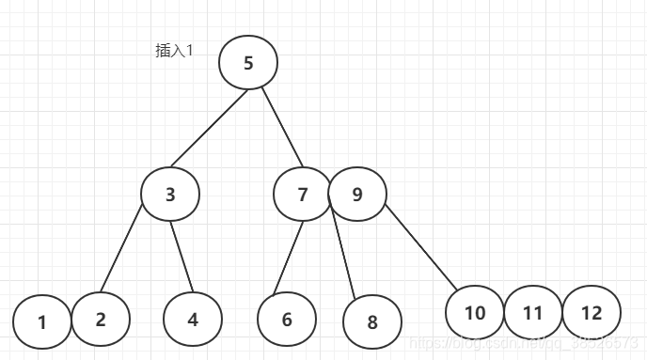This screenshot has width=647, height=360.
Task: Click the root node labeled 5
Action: point(248,63)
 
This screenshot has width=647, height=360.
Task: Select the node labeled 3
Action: point(170,195)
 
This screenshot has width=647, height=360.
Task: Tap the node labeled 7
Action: point(303,195)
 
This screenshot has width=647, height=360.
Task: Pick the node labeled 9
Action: point(357,195)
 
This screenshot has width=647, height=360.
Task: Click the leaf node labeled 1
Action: point(42,322)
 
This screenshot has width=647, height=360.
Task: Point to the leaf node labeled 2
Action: point(101,319)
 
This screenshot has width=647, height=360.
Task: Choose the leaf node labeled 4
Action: point(193,320)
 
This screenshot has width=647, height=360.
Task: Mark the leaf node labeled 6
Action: point(287,320)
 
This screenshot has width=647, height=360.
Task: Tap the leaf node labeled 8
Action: point(372,322)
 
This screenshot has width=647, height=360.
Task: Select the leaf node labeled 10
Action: point(475,312)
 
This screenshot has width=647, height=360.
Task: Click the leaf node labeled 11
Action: point(533,312)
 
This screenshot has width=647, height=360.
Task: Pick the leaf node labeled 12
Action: point(592,312)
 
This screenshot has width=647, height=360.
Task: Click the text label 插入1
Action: point(174,51)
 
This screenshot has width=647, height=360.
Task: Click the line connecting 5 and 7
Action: point(281,130)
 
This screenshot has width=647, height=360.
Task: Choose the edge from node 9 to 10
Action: point(419,246)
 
